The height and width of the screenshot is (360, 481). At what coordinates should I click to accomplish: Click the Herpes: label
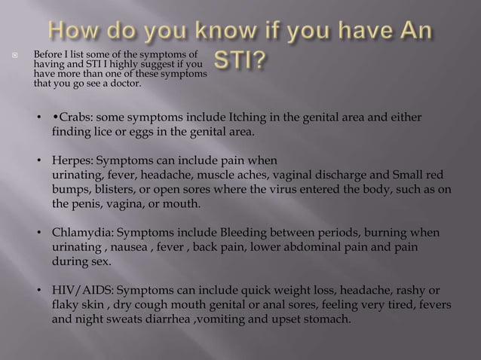(73, 160)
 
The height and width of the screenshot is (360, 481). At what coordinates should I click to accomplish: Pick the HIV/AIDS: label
(84, 290)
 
